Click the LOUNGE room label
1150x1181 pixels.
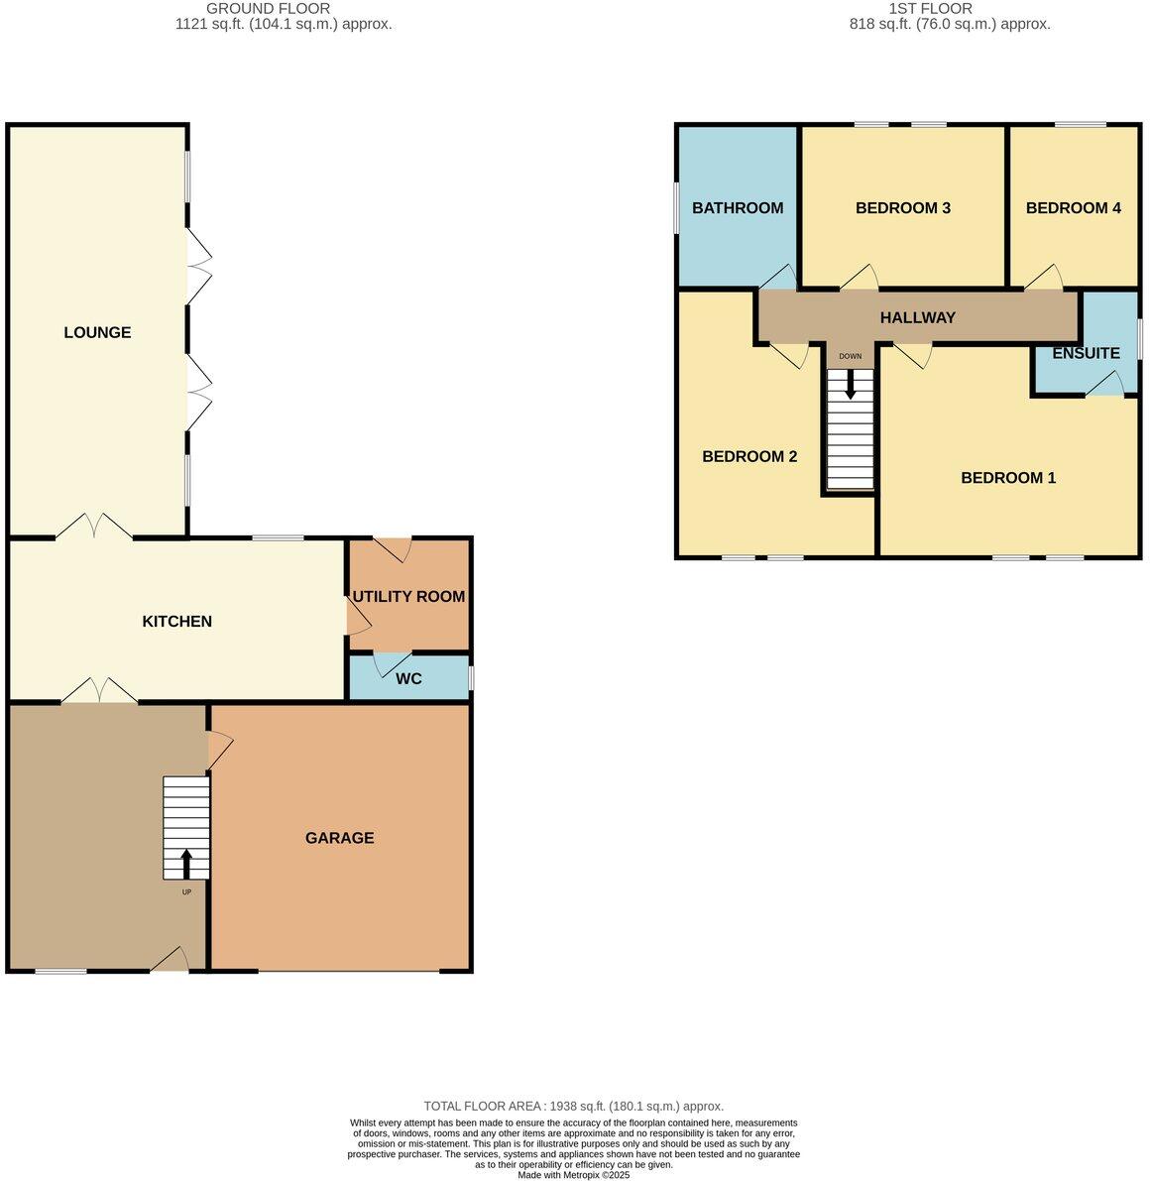coord(97,332)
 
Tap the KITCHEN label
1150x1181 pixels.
coord(177,622)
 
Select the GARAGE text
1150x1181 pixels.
coord(339,838)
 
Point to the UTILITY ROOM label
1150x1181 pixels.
coord(408,597)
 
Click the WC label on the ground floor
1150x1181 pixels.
coord(408,679)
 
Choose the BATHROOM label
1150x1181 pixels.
coord(738,208)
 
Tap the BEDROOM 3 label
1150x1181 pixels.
coord(903,208)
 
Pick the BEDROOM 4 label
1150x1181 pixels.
coord(1074,208)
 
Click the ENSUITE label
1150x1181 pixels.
coord(1086,353)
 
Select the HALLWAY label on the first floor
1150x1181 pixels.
coord(918,317)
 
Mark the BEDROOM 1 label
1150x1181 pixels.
coord(1008,478)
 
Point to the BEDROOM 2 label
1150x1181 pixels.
coord(749,457)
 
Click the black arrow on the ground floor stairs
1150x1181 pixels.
coord(186,863)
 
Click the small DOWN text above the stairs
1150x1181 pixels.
coord(850,356)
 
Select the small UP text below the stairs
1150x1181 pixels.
coord(186,892)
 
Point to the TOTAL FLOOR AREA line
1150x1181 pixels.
coord(573,1106)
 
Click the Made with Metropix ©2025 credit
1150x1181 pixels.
coord(573,1175)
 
